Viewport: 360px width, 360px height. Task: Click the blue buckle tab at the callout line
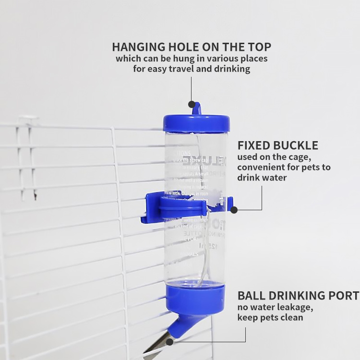(x=233, y=209)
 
